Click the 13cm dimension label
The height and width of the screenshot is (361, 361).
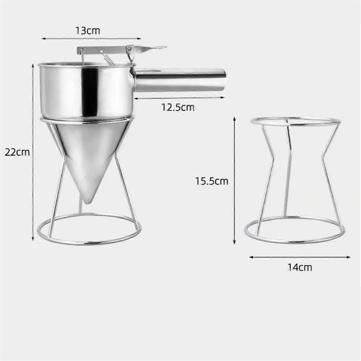coord(88,31)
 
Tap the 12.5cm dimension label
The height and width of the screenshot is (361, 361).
coord(178,107)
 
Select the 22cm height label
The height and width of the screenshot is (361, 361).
coord(17,152)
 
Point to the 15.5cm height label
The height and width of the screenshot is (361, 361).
coord(211,181)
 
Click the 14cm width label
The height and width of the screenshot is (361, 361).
coord(300,267)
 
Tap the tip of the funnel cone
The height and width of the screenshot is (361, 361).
coord(87,202)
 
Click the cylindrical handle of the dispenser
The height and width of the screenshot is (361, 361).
coord(180,80)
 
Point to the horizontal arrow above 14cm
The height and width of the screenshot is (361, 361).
coord(300,257)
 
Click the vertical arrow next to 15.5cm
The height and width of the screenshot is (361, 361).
coord(234,180)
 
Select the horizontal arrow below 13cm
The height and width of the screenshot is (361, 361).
coord(91,38)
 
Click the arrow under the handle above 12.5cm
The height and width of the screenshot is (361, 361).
coord(179,98)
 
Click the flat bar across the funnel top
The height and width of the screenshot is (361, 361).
coord(102,49)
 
